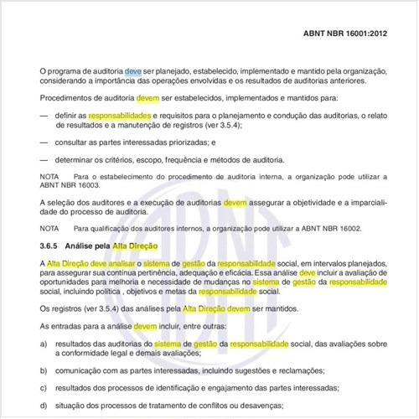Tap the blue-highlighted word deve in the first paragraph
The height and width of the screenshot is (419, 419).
coord(133,73)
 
